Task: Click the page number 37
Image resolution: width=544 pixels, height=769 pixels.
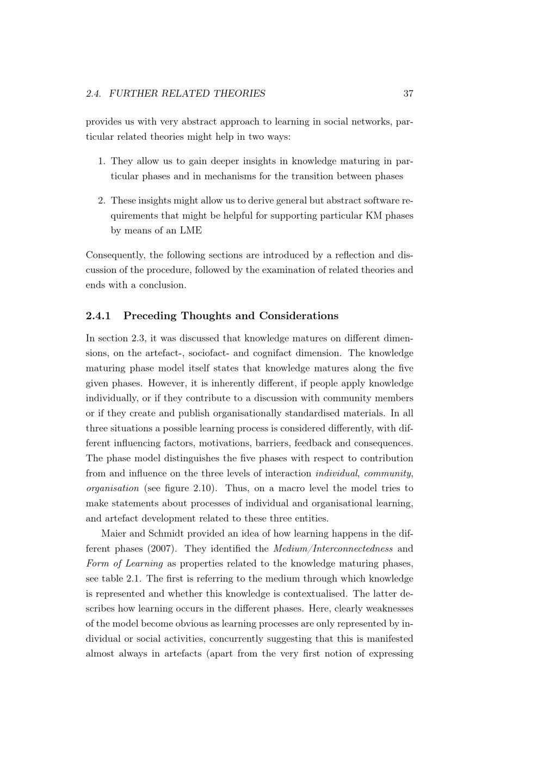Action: coord(408,94)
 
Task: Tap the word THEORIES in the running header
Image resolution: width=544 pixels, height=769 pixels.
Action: coord(239,94)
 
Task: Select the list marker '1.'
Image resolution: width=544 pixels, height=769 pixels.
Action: coord(102,161)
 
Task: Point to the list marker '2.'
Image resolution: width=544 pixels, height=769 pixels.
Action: coord(102,201)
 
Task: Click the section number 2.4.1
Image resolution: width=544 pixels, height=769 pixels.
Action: coord(98,316)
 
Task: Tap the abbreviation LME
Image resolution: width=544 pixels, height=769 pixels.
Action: coord(191,231)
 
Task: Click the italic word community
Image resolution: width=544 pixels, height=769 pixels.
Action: coord(387,473)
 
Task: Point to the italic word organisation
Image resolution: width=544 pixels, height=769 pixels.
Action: coord(113,488)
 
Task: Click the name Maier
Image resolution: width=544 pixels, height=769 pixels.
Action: coord(113,534)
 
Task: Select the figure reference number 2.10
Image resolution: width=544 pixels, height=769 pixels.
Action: coord(202,488)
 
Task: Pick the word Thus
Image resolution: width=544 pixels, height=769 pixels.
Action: coord(236,488)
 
